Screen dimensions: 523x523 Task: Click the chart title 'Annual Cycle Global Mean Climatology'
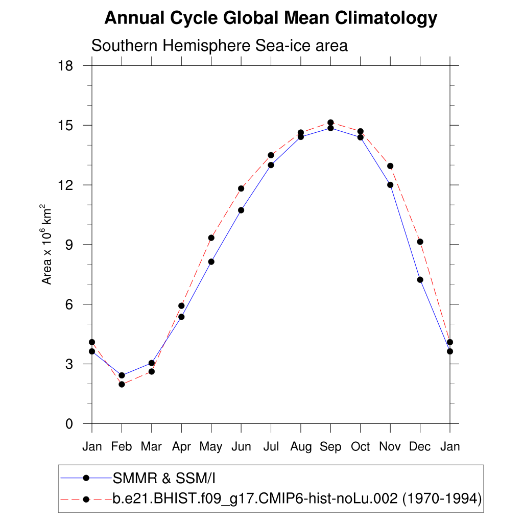[x=271, y=18]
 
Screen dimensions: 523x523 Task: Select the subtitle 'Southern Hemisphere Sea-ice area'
[x=219, y=45]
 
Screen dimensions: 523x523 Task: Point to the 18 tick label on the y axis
[x=66, y=66]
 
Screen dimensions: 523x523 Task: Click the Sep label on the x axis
[x=330, y=447]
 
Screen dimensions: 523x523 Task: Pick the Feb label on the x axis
[x=122, y=447]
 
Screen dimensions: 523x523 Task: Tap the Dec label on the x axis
[x=420, y=447]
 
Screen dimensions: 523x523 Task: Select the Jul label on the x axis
[x=271, y=447]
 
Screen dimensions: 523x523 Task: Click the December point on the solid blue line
[x=420, y=279]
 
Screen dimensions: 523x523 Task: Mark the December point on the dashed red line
[x=420, y=242]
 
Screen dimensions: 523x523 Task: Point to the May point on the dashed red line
[x=211, y=237]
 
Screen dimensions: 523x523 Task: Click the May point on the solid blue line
[x=211, y=261]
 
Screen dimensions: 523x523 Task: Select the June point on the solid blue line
[x=241, y=210]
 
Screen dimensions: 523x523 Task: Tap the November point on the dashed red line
[x=390, y=166]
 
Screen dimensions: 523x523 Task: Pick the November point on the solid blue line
[x=390, y=185]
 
